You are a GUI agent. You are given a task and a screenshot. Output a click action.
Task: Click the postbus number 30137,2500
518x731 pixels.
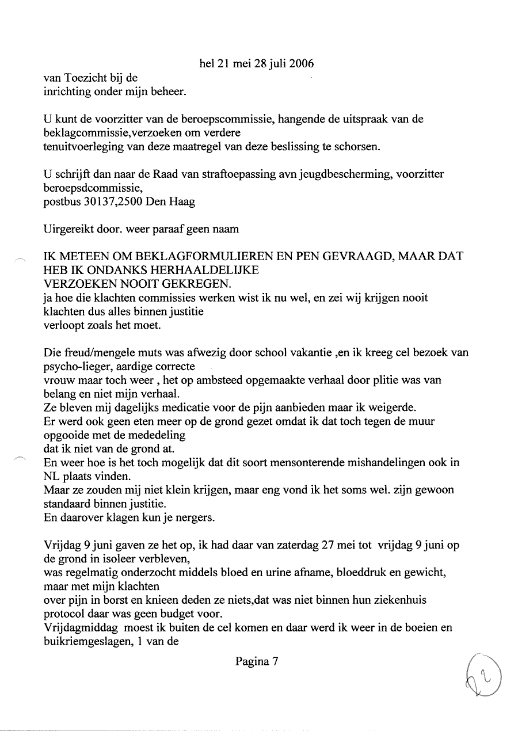(112, 201)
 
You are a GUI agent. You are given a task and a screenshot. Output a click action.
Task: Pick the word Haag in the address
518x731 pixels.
(181, 201)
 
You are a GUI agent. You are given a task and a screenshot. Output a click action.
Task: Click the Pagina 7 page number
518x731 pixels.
(257, 662)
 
